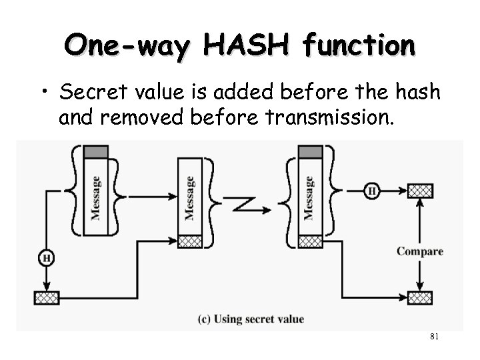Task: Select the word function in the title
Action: tap(357, 46)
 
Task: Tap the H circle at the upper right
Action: tap(371, 191)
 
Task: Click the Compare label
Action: tap(419, 251)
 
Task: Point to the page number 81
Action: tap(433, 337)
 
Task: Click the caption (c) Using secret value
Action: tap(251, 319)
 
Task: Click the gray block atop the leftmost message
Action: tap(95, 152)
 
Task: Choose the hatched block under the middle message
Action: tap(189, 241)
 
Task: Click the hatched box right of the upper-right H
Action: tap(420, 191)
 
